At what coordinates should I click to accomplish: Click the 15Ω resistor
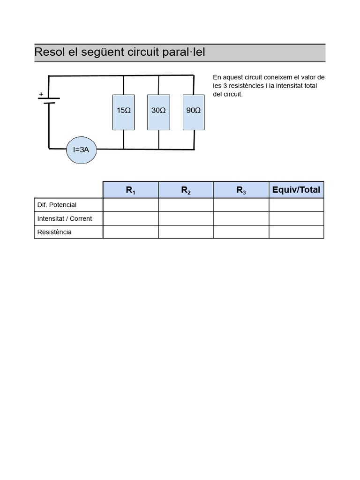point(123,112)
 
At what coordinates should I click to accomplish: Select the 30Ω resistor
point(158,112)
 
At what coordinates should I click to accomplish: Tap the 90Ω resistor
point(194,112)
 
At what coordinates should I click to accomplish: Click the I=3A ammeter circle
point(84,150)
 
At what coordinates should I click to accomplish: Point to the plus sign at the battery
point(41,94)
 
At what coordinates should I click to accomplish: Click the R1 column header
point(130,190)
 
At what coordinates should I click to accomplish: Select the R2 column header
point(186,190)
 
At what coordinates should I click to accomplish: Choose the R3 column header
point(241,190)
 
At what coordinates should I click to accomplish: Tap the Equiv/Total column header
point(296,190)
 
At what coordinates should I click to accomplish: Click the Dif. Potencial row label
point(57,205)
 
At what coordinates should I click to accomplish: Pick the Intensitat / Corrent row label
point(65,218)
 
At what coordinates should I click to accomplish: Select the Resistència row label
point(54,232)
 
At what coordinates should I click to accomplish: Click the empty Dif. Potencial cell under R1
point(130,205)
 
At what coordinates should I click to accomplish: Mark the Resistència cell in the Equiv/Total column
point(296,232)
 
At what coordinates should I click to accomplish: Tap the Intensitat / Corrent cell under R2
point(186,218)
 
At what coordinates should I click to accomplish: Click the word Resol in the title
point(50,52)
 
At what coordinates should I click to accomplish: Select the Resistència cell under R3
point(241,232)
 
